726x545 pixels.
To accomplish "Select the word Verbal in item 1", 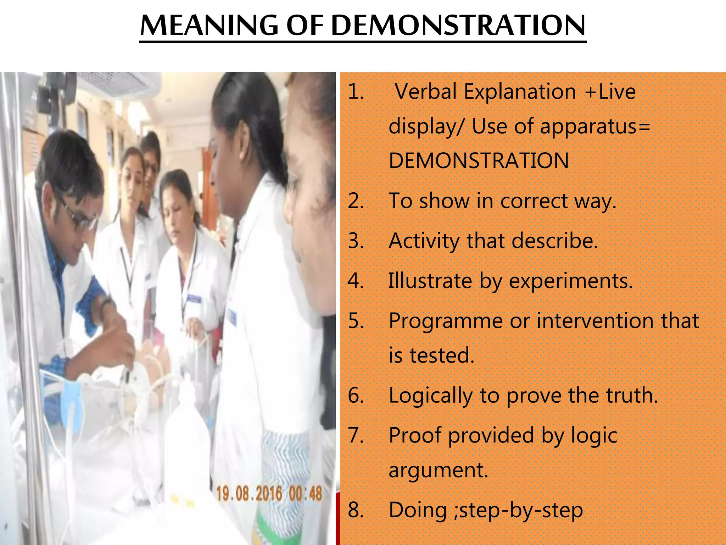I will [425, 92].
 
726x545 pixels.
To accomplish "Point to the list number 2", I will [356, 201].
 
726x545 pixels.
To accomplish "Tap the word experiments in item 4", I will [571, 281].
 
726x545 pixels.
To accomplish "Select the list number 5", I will [356, 321].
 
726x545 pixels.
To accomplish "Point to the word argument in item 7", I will [438, 471].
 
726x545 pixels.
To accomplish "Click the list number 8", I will [356, 510].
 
